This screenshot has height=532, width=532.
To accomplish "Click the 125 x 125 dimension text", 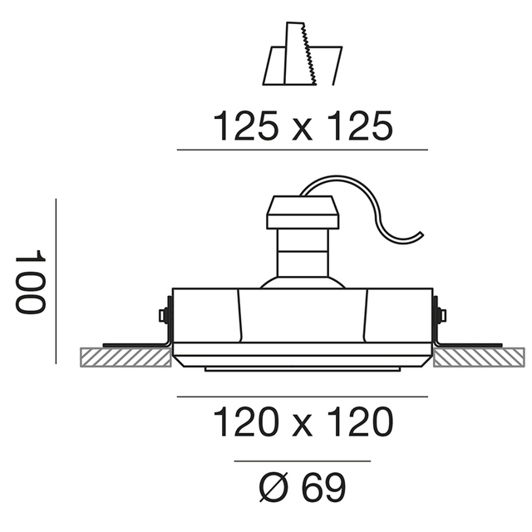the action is [303, 126].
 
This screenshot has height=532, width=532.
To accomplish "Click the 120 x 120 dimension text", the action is [303, 421].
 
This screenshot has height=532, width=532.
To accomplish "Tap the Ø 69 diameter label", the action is [303, 487].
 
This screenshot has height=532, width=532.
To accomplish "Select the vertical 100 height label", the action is [30, 282].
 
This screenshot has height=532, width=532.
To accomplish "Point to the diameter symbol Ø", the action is [273, 487].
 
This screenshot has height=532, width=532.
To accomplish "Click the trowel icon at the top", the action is [303, 53].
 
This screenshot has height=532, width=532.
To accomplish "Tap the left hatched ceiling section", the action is [126, 357].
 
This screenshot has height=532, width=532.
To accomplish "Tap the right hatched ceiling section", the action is [479, 357].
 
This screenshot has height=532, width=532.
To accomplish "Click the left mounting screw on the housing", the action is [164, 314].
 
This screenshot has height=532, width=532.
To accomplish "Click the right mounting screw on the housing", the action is [441, 314].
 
